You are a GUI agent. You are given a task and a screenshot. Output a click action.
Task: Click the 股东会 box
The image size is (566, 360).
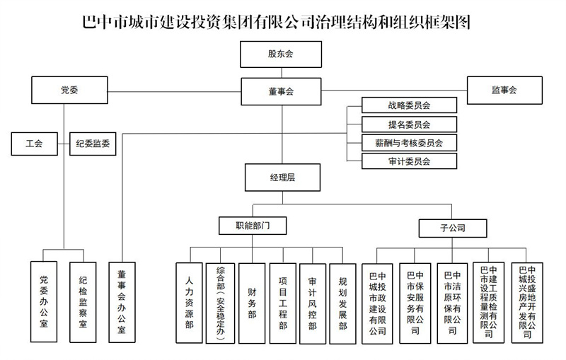tap(281, 54)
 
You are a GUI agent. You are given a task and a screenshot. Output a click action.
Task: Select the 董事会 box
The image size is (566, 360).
tap(281, 92)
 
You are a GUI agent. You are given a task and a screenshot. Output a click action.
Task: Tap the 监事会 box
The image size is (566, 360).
tap(504, 91)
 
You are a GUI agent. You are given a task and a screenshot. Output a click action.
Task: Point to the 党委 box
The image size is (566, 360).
tap(69, 91)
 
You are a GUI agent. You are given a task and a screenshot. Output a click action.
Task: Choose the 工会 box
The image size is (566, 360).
tap(34, 144)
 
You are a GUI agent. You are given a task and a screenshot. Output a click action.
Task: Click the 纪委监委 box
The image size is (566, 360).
tap(93, 144)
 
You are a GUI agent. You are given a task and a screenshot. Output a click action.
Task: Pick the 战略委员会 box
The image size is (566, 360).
tap(410, 105)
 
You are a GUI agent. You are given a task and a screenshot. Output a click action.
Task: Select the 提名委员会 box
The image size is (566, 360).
tap(410, 124)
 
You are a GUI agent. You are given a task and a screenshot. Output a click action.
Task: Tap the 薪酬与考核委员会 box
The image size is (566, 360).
tap(410, 143)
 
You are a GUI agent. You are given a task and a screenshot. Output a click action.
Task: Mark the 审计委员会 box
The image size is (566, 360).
tap(410, 161)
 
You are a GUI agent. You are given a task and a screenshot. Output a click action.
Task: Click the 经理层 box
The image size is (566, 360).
tap(282, 178)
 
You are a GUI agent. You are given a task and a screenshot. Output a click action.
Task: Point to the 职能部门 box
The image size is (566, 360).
tap(253, 226)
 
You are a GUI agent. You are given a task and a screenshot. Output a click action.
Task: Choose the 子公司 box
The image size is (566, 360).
tap(453, 228)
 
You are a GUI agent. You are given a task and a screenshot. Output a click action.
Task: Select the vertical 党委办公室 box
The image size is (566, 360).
tap(44, 301)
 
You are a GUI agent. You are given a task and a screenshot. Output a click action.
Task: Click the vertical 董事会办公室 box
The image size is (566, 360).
tap(122, 302)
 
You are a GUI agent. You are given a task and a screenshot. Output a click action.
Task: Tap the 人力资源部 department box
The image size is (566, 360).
tap(189, 303)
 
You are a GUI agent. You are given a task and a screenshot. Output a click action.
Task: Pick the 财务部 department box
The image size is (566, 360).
tap(252, 303)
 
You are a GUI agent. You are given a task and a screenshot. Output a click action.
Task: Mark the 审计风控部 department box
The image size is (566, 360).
tap(313, 303)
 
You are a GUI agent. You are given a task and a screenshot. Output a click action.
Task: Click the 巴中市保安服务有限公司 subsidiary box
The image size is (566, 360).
tap(415, 303)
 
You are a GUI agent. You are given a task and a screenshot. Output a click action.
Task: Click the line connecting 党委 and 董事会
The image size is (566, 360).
tap(174, 92)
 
